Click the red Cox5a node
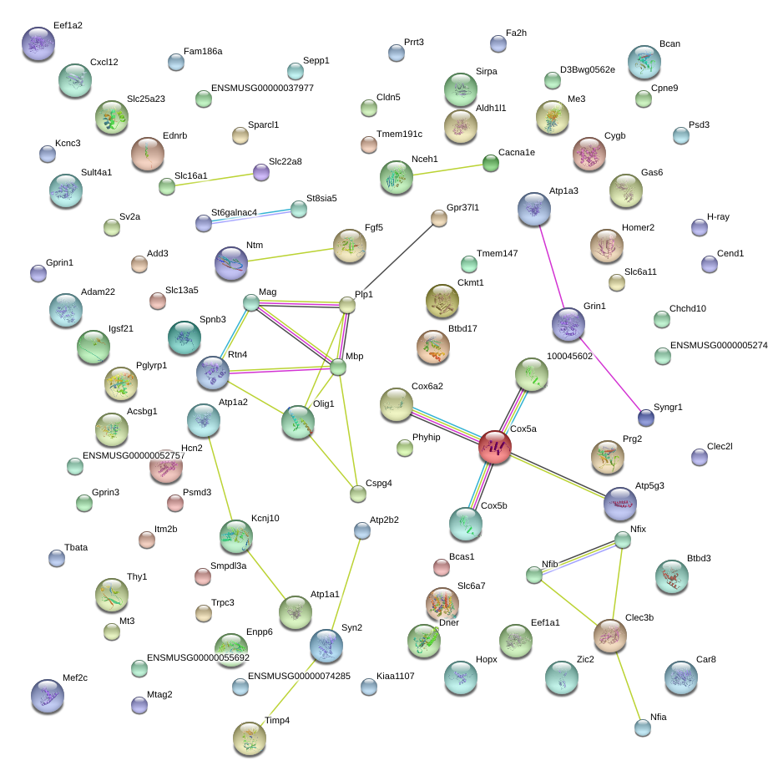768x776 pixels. (x=495, y=447)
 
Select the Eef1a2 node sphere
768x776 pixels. (x=38, y=43)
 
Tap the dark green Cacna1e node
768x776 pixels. (x=491, y=163)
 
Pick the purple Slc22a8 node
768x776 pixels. (x=261, y=172)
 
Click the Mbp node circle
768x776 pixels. (x=338, y=368)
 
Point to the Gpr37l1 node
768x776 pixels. (x=438, y=218)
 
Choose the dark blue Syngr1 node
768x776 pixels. (x=646, y=418)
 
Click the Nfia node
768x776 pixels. (x=643, y=728)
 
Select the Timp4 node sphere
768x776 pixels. (x=250, y=738)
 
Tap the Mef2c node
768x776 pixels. (x=48, y=696)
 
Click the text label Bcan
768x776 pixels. (x=669, y=43)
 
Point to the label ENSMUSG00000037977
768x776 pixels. (x=262, y=88)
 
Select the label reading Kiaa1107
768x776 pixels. (x=395, y=676)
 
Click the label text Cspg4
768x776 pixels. (x=378, y=483)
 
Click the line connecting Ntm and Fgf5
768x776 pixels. (x=291, y=255)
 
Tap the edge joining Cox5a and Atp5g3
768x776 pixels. (x=558, y=475)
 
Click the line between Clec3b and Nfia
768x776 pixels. (x=627, y=687)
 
